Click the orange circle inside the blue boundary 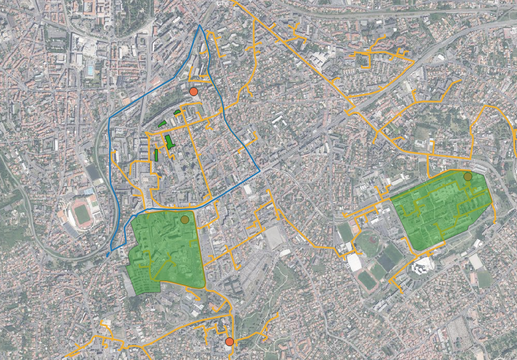pos(193,92)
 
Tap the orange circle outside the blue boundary pos(230,342)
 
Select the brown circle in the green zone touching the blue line pos(185,220)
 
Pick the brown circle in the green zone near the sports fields pos(468,177)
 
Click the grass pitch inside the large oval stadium pos(83,215)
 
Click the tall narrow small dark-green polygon pos(156,155)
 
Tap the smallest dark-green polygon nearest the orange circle pos(177,112)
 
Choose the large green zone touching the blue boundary pos(166,248)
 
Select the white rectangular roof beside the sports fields pos(355,262)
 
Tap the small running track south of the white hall pos(367,279)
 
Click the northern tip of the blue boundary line pos(199,25)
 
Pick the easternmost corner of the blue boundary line pos(259,171)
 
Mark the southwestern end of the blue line pos(108,255)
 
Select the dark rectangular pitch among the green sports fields pos(386,262)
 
